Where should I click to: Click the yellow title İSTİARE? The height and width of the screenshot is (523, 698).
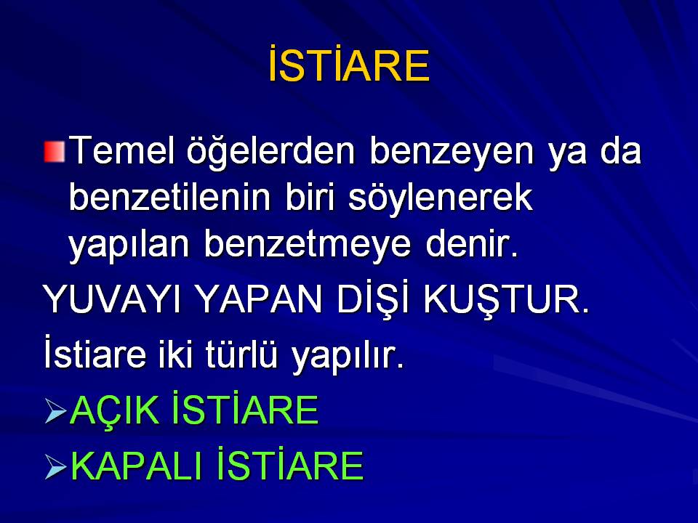click(349, 64)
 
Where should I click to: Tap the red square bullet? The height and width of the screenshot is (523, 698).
click(55, 151)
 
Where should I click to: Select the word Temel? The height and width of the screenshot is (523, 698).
click(121, 150)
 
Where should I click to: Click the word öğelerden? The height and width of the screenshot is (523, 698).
click(270, 151)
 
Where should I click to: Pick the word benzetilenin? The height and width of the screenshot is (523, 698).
click(169, 197)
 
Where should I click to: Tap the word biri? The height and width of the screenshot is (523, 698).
click(310, 197)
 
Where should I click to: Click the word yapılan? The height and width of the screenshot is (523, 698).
click(129, 246)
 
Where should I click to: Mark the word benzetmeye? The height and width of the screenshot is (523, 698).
click(308, 246)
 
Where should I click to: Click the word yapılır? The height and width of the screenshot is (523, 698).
click(348, 357)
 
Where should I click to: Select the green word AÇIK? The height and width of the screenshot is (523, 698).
click(115, 410)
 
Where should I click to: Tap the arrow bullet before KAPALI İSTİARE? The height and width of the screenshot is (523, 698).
click(56, 467)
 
